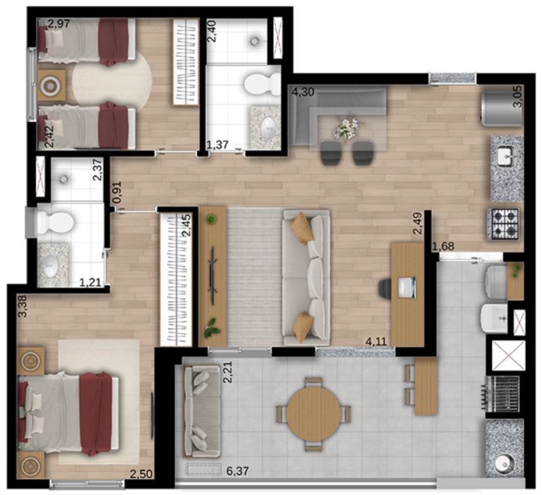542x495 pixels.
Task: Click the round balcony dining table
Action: [313, 414]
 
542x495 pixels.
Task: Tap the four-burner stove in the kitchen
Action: [503, 224]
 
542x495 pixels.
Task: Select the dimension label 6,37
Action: [237, 470]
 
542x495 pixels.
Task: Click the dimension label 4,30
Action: [303, 92]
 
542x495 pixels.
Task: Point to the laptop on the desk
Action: [406, 288]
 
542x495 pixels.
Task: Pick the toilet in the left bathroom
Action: [54, 221]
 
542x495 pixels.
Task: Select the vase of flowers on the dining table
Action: [347, 128]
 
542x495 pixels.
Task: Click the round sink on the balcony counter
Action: [503, 465]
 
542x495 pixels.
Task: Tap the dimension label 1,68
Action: [443, 246]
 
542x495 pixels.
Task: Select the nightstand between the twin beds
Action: [51, 85]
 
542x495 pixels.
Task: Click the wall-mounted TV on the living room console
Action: [212, 275]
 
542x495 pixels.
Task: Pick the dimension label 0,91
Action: [117, 192]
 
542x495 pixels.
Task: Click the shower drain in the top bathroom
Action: [254, 42]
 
